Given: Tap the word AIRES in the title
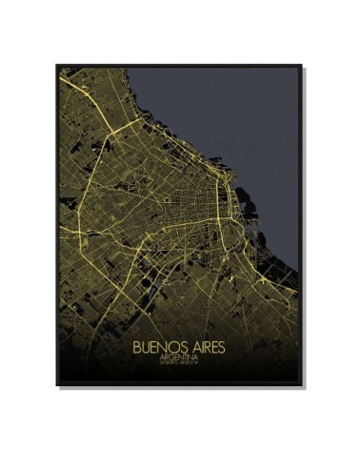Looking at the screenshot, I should point(210,340).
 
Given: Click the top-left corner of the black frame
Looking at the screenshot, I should point(57,65).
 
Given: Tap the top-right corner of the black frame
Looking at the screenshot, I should point(303,65).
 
